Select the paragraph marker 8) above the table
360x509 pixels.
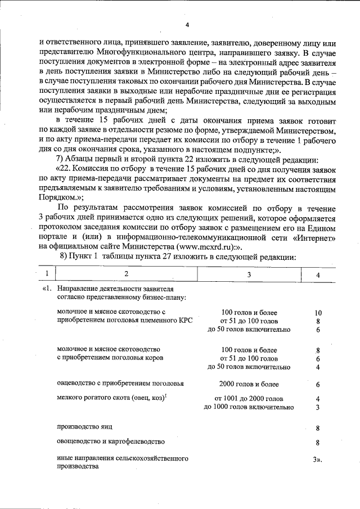(64, 255)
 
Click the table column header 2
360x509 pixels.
(126, 274)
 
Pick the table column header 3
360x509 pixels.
(249, 274)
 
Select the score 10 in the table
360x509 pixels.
(318, 312)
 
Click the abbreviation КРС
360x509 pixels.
(184, 321)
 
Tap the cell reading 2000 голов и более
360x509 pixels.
(249, 385)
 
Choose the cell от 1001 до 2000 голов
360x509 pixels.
(249, 399)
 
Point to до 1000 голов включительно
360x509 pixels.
(249, 407)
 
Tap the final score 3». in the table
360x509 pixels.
(318, 460)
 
